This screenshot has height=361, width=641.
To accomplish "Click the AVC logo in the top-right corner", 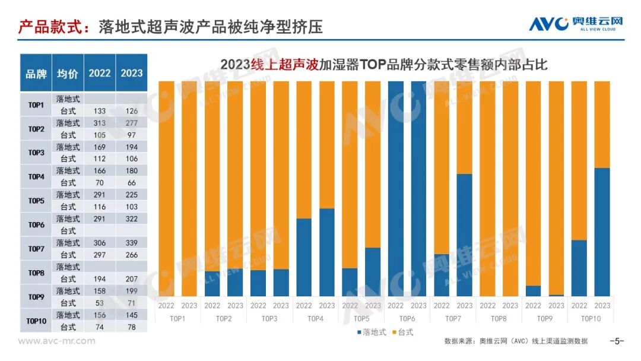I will coord(576,24).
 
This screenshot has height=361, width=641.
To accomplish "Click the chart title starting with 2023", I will coord(383,64).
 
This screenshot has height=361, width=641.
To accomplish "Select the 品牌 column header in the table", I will coord(36,74).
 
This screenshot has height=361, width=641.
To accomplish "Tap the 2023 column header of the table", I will coord(131,73).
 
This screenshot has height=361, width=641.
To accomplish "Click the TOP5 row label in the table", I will coord(36,201).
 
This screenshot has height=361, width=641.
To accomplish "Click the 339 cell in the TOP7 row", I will coord(131,243).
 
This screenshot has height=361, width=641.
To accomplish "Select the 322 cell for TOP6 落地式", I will coord(131,218).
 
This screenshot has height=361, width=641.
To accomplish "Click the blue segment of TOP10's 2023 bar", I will coord(602,232).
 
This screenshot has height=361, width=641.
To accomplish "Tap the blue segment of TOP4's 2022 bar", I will coord(304,257).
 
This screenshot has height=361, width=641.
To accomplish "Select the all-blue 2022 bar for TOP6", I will coord(396,188).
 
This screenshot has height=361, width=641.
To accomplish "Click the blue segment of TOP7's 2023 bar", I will coord(465,235).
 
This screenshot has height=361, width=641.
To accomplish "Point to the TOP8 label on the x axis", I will coord(499,319).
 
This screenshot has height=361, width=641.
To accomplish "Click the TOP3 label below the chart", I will coord(269,319).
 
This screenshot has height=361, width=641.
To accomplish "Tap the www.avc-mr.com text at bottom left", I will coord(57,341).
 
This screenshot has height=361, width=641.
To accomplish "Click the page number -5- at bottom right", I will coord(617,341).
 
